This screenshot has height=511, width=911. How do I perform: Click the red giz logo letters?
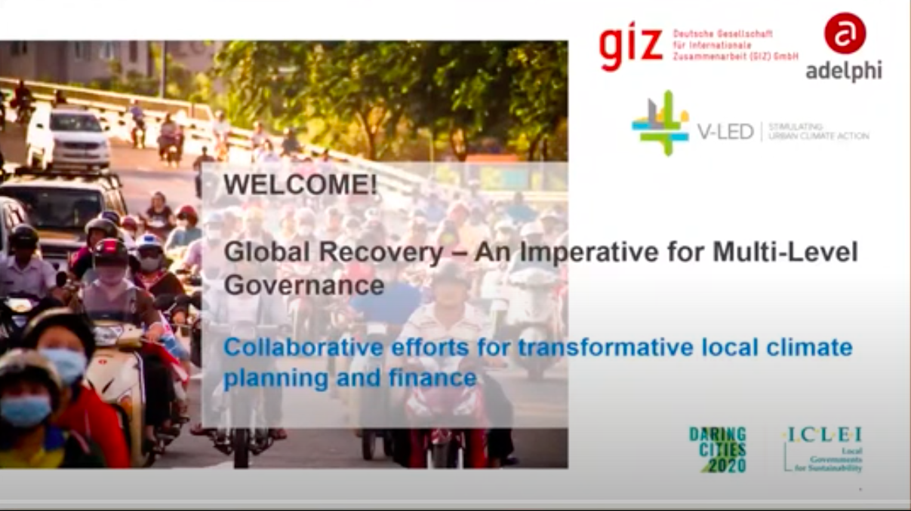click(631, 44)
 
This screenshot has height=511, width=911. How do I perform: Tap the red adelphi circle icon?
click(845, 33)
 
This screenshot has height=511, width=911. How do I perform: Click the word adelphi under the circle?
click(844, 71)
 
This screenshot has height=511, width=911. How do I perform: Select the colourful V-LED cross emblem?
click(660, 122)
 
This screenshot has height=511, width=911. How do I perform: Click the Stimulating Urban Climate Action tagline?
click(818, 131)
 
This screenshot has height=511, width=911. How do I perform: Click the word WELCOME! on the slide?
click(300, 185)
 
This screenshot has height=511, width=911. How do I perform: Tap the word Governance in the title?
click(304, 286)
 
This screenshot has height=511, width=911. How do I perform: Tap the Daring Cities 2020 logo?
click(718, 449)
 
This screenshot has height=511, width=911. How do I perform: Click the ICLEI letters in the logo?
click(823, 435)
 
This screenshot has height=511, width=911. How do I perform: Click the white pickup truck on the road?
click(68, 138)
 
